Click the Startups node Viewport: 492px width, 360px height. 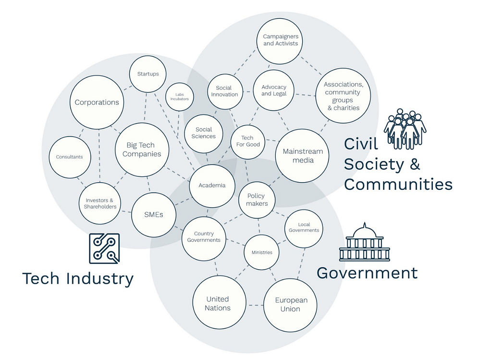[148, 74]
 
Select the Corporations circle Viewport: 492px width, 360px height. [97, 102]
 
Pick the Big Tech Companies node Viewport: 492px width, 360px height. [142, 149]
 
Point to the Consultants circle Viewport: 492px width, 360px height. [70, 157]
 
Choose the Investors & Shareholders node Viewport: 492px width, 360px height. [100, 203]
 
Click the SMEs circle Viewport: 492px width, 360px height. [154, 214]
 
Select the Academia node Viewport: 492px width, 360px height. [212, 186]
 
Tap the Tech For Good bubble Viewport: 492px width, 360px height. [247, 141]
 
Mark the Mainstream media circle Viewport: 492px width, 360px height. [303, 156]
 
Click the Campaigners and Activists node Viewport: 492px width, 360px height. [281, 40]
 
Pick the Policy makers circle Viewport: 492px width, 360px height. [257, 199]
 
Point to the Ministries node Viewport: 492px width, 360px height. [261, 252]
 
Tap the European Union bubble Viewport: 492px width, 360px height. [290, 305]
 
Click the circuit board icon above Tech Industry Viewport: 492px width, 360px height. [104, 248]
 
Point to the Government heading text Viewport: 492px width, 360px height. [367, 273]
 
